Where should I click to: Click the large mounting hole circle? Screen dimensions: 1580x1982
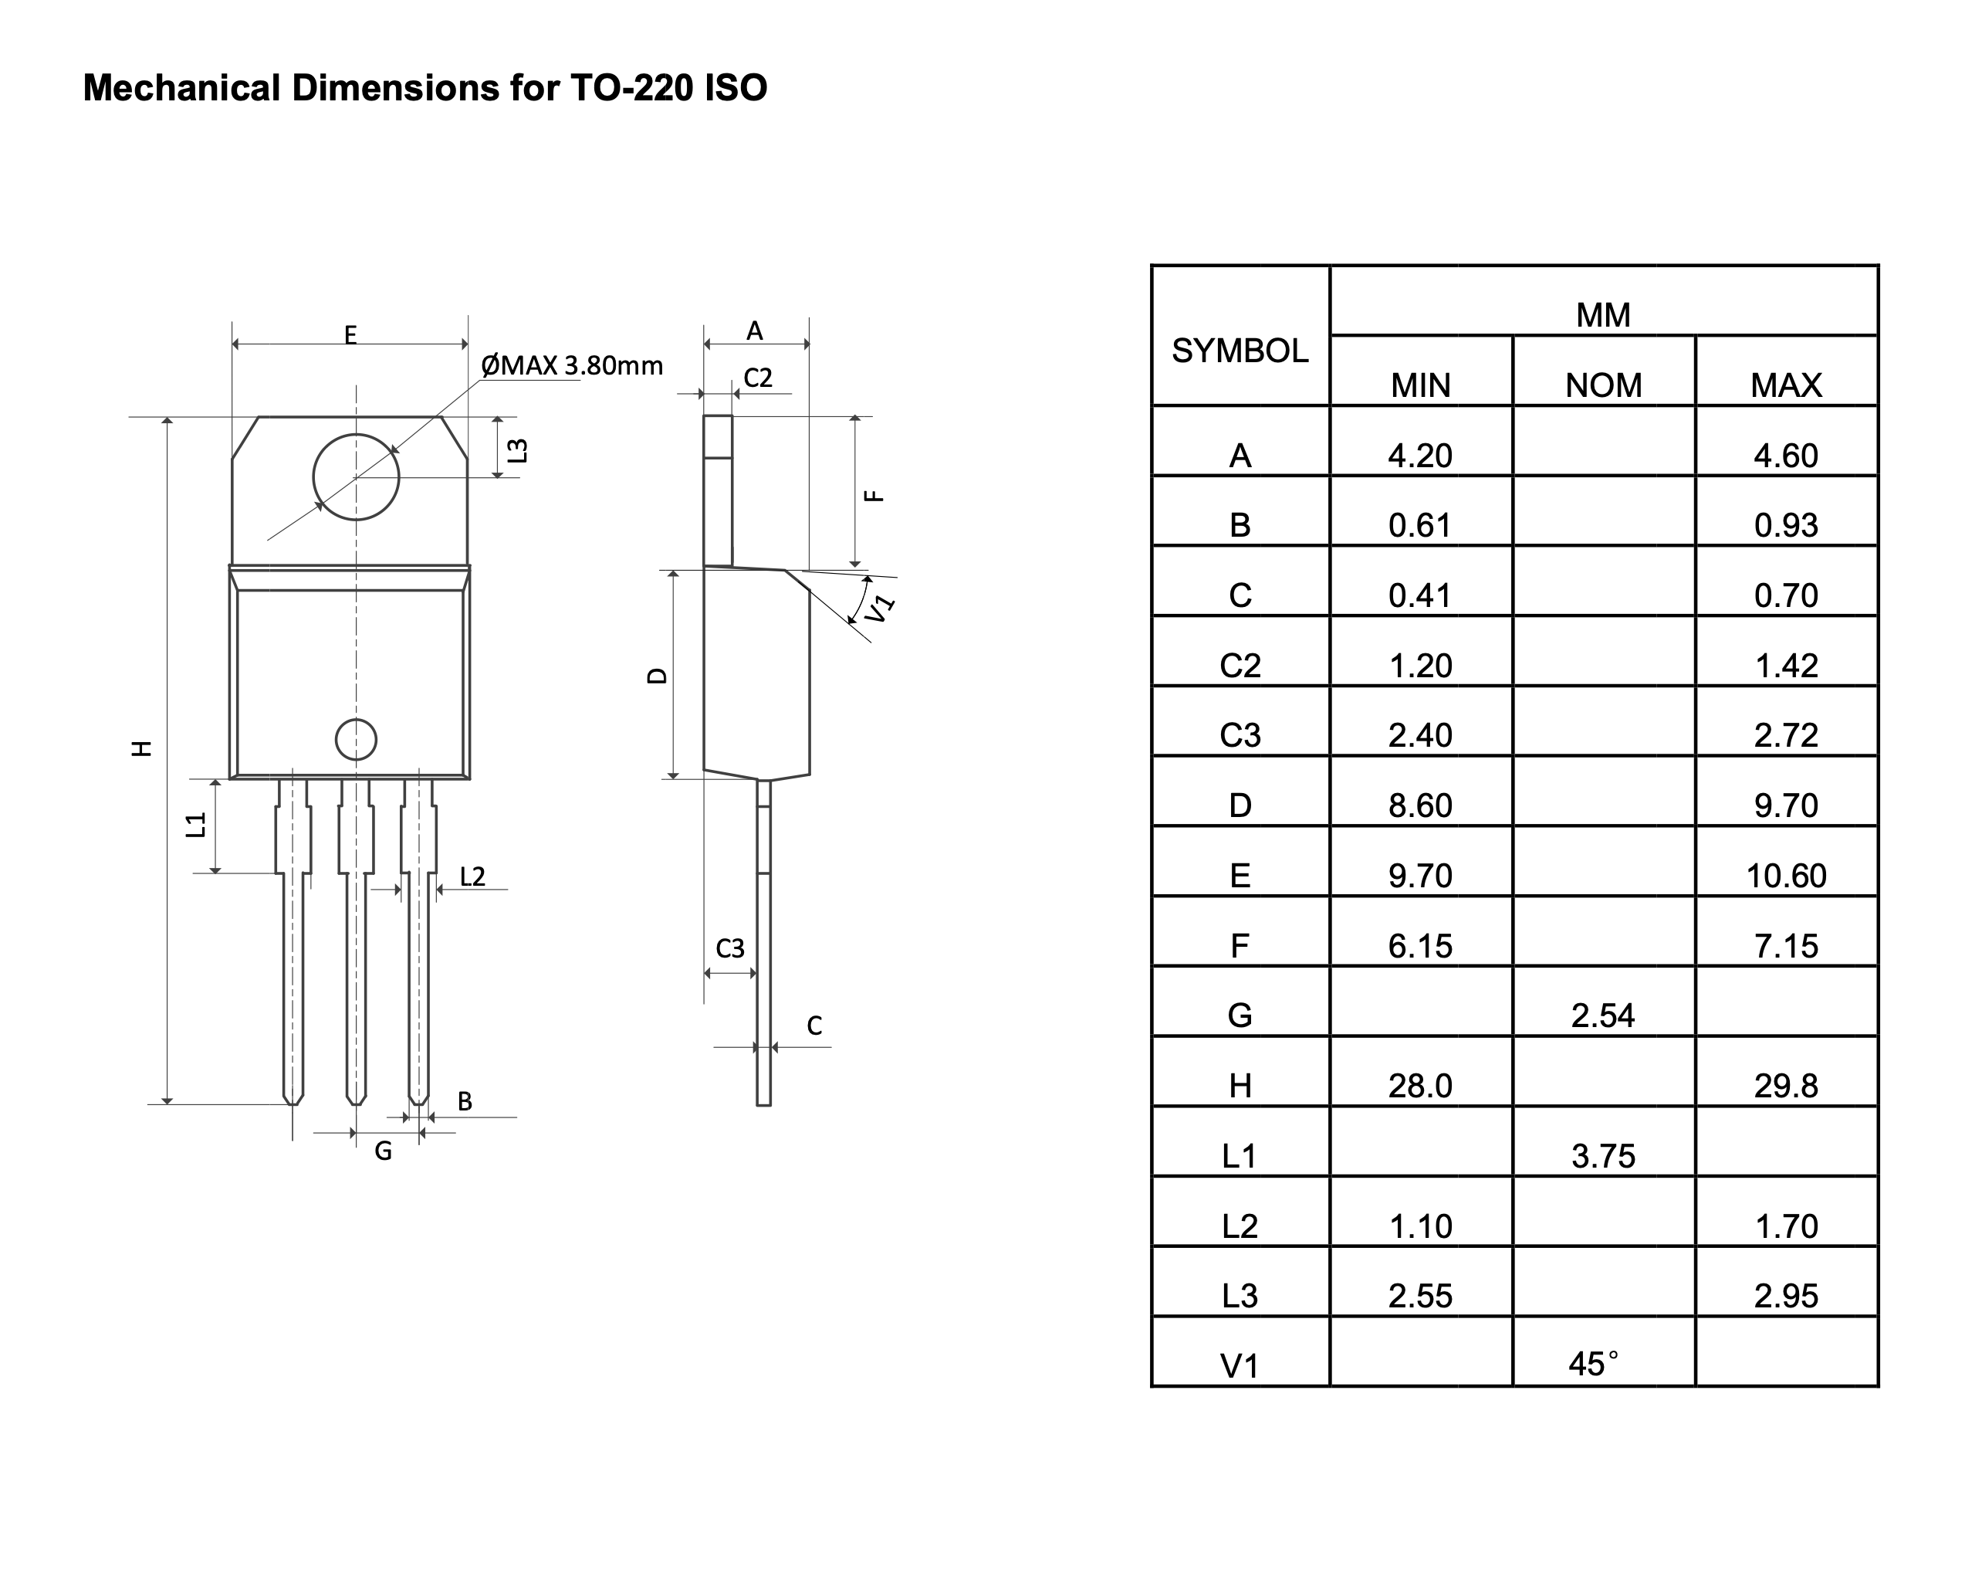coord(356,476)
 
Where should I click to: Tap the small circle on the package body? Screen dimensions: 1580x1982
coord(356,739)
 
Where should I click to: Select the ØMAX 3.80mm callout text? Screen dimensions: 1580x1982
coord(571,366)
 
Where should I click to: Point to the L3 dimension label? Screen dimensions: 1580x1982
coord(519,451)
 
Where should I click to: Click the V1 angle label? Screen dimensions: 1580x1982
coord(881,608)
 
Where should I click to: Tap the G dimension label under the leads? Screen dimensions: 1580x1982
coord(384,1151)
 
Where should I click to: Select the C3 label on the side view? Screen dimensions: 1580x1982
coord(730,948)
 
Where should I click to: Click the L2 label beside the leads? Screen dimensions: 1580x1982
coord(472,876)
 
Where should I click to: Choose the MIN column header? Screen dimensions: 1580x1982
coord(1420,385)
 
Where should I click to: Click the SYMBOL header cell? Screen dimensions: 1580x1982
coord(1240,351)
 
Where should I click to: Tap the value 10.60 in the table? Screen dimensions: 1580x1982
coord(1785,876)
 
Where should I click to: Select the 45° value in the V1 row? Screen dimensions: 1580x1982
coord(1594,1364)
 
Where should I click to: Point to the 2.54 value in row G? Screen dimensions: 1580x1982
coord(1602,1015)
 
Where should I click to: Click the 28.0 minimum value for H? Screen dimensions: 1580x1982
coord(1420,1086)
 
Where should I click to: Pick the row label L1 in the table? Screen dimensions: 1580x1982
coord(1240,1156)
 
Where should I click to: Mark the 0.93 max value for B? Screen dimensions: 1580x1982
coord(1785,525)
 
